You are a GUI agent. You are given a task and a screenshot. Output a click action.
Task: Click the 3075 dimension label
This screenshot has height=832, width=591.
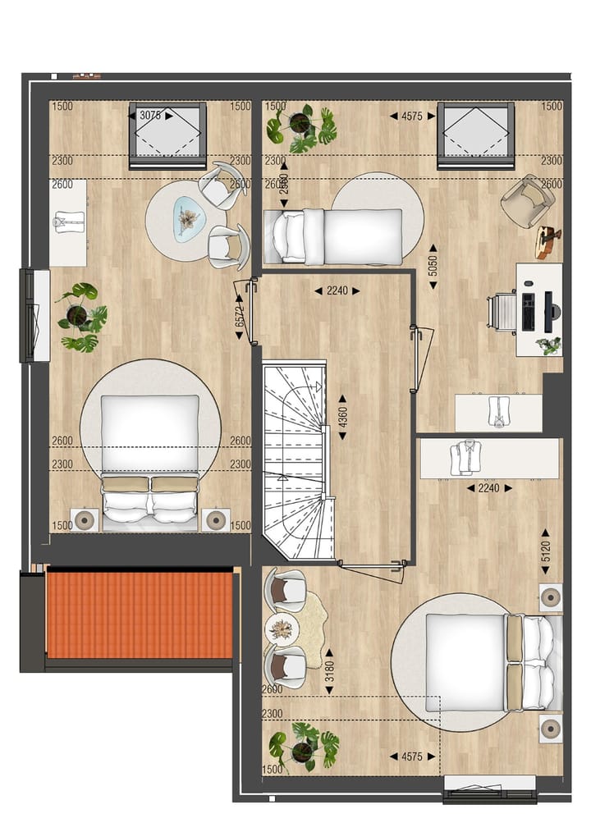tap(150, 116)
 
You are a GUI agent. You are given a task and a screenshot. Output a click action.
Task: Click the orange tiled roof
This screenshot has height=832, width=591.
tap(140, 615)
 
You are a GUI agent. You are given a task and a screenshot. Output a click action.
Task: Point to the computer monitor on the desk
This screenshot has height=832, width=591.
tap(547, 311)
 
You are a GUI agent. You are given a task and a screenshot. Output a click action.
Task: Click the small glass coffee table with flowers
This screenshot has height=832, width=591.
tap(189, 219)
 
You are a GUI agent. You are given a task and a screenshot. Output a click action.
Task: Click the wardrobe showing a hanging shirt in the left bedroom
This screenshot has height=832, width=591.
tap(68, 222)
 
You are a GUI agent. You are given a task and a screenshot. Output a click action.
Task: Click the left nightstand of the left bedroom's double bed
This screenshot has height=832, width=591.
tap(85, 519)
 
